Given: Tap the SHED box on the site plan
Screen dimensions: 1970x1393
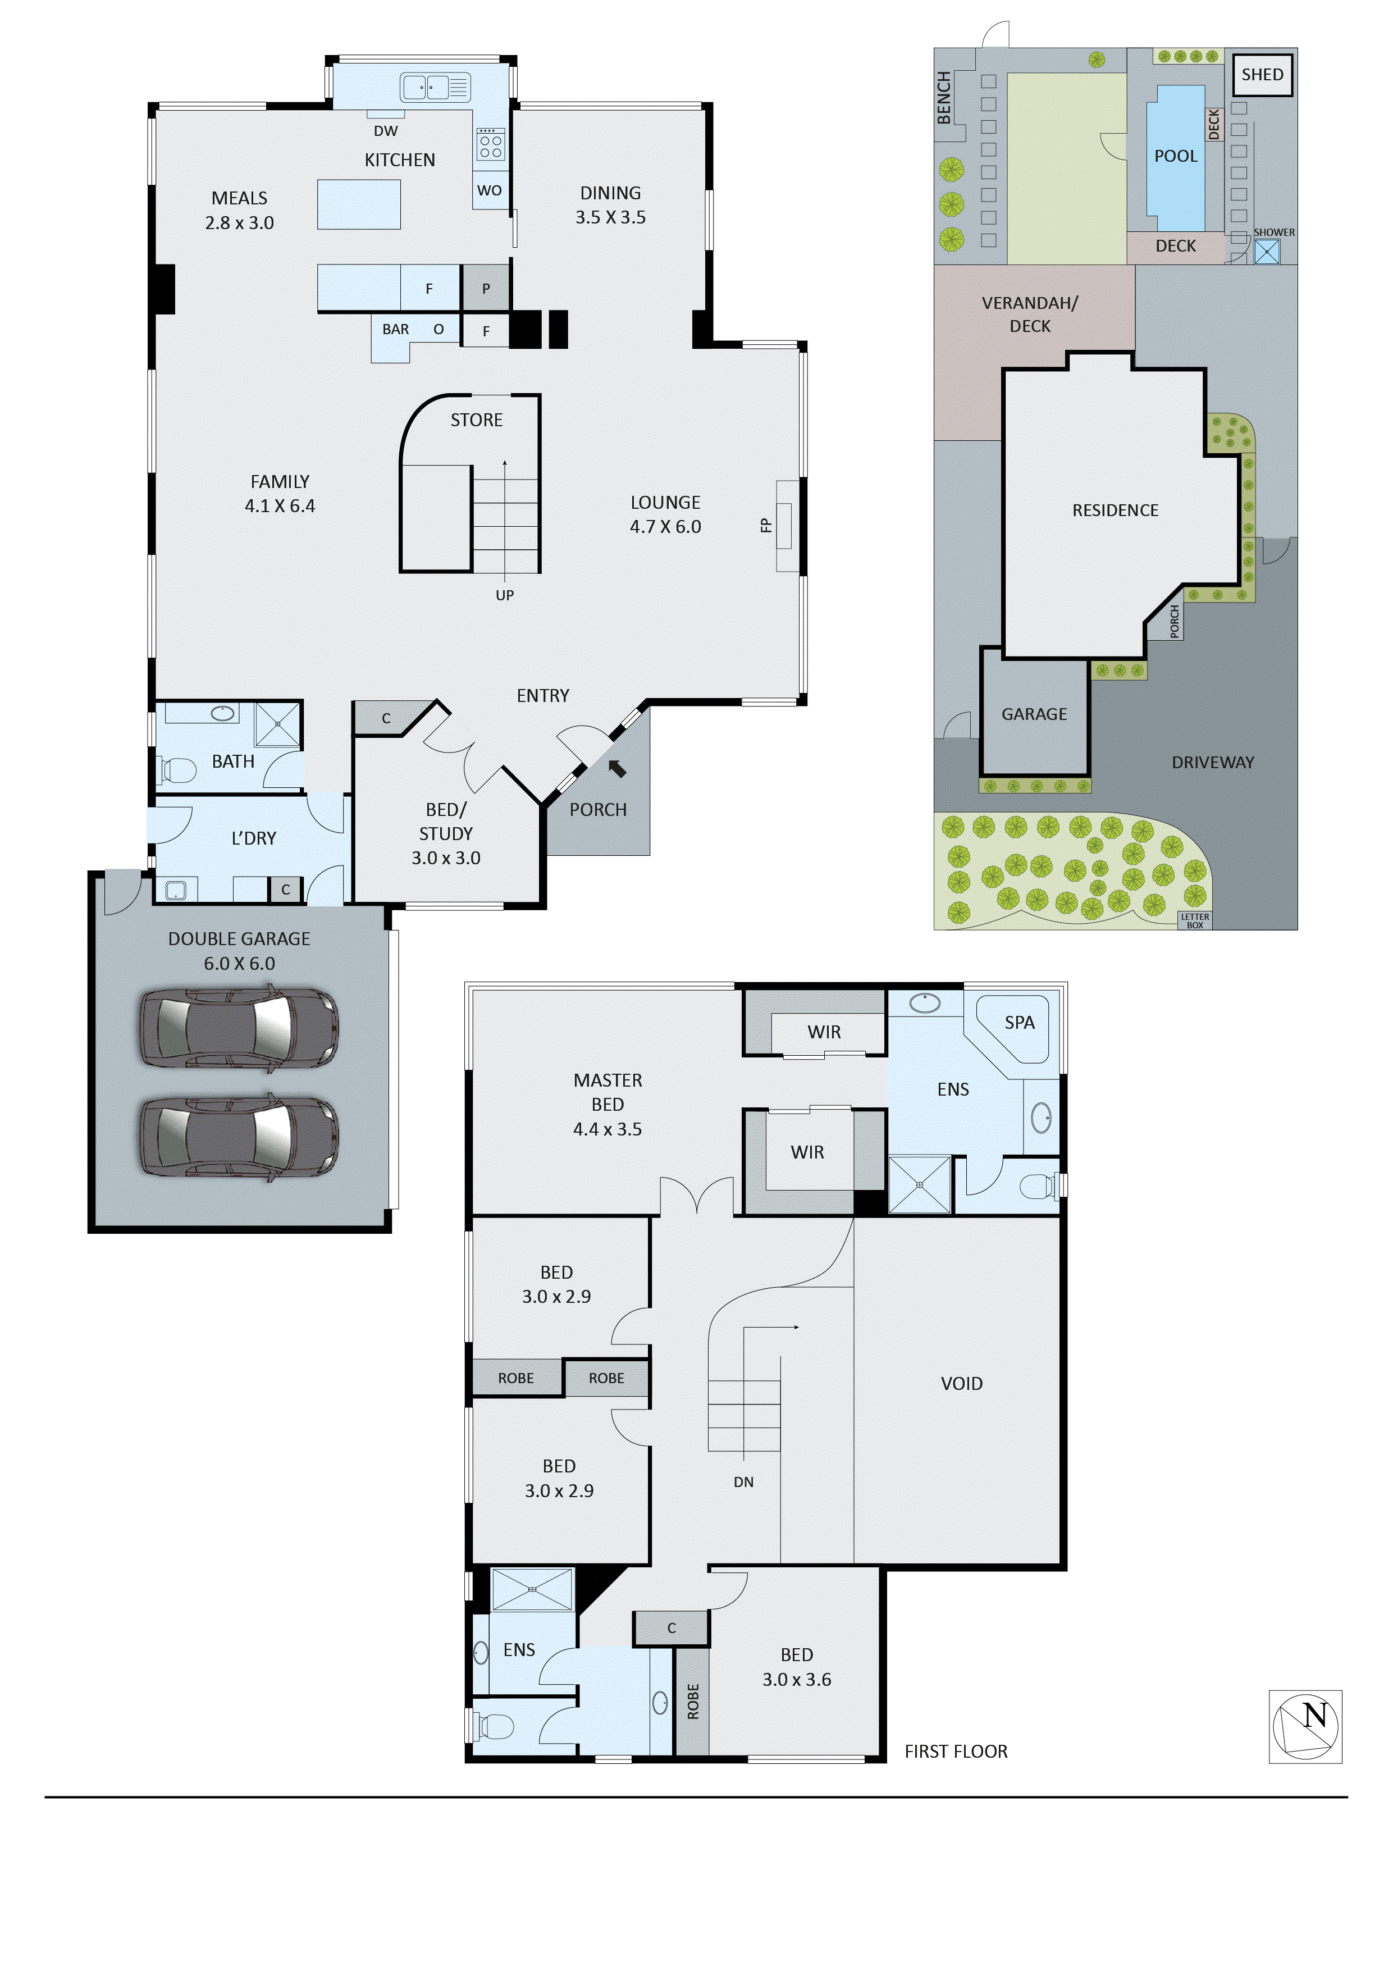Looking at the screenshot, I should (x=1262, y=75).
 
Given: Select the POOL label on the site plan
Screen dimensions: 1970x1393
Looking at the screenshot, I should (x=1175, y=156).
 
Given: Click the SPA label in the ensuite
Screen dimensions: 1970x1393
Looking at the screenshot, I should (x=1019, y=1023).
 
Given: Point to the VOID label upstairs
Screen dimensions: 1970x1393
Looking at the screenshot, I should (x=962, y=1383).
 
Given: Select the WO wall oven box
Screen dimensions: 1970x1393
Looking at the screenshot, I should (x=489, y=190).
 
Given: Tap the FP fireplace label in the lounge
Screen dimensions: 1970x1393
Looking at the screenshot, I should (x=766, y=525).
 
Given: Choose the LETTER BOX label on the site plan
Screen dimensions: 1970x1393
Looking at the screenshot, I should (x=1195, y=920).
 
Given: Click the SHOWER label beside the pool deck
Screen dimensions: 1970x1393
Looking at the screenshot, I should (x=1274, y=232).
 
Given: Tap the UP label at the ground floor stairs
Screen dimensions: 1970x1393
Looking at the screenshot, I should (x=504, y=595).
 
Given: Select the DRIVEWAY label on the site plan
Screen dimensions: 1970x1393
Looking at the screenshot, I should (x=1212, y=763).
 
